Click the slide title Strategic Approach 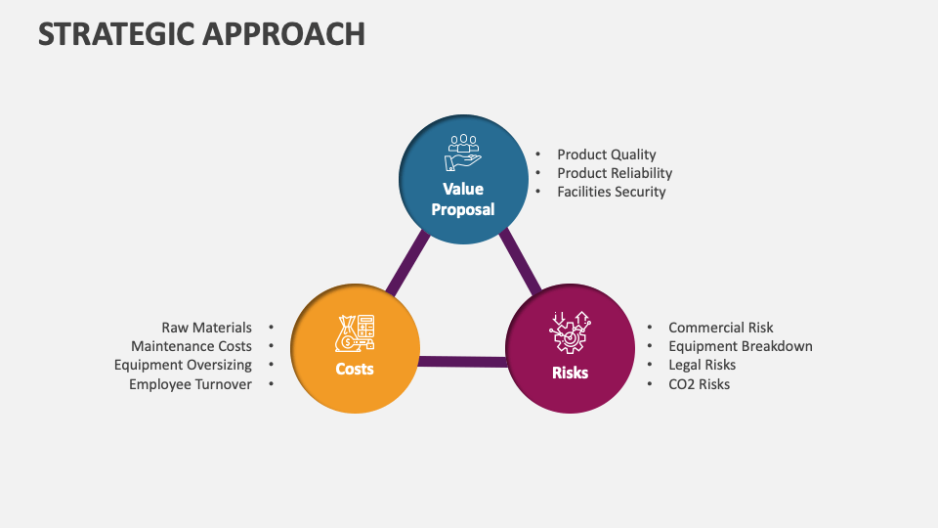click(x=201, y=33)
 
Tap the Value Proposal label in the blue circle click(x=463, y=198)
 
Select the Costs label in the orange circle click(x=355, y=369)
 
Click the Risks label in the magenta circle click(x=570, y=373)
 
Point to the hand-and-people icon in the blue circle click(x=463, y=154)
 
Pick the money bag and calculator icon click(x=355, y=332)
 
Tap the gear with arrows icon click(x=570, y=332)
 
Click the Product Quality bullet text click(x=606, y=154)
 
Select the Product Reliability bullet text click(x=615, y=173)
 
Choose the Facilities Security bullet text click(x=611, y=192)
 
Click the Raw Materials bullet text click(x=206, y=328)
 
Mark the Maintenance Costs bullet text click(x=192, y=346)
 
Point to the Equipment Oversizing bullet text click(x=183, y=365)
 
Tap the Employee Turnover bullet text click(x=191, y=384)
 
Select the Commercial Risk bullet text click(x=720, y=328)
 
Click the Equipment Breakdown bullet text click(x=740, y=346)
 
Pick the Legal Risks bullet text click(x=702, y=365)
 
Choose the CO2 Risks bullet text click(x=699, y=384)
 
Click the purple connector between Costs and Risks click(x=462, y=362)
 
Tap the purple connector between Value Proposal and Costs click(x=407, y=262)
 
